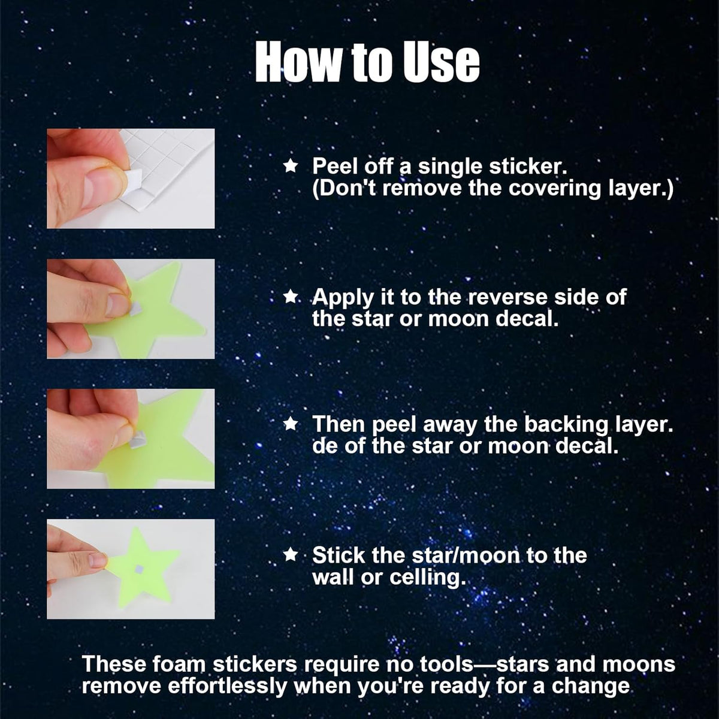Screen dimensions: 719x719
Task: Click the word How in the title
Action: click(x=298, y=62)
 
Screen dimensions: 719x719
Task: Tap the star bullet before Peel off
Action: click(x=290, y=165)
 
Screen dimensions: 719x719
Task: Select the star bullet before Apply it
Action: click(x=290, y=297)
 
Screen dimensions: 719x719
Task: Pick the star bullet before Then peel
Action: click(x=290, y=424)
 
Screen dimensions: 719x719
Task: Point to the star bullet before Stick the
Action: click(x=290, y=555)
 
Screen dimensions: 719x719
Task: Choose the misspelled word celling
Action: click(x=428, y=578)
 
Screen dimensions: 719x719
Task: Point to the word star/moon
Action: click(x=466, y=555)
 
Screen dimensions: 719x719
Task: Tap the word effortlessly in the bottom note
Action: click(x=227, y=686)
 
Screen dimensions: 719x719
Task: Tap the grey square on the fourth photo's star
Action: click(x=140, y=569)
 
